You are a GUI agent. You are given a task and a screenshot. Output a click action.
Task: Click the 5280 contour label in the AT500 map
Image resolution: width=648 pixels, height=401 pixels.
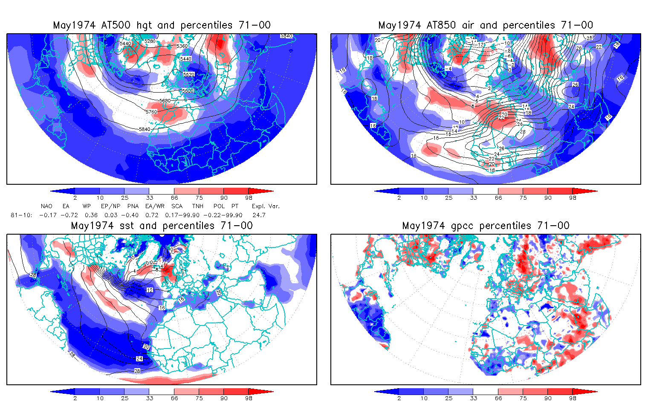tap(150, 41)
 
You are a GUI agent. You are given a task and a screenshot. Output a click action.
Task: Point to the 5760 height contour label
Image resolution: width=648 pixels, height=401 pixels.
tap(151, 112)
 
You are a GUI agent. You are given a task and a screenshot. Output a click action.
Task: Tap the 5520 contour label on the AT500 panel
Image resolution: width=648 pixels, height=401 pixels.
tap(188, 75)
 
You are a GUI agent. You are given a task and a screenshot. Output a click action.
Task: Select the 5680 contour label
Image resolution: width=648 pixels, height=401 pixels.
tap(165, 101)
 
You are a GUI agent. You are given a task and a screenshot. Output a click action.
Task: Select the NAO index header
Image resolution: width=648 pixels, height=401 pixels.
tap(46, 206)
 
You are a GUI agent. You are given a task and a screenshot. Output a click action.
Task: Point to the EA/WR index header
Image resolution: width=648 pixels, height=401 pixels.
tap(155, 206)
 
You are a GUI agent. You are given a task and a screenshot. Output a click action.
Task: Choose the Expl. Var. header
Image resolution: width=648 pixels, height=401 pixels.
tap(266, 206)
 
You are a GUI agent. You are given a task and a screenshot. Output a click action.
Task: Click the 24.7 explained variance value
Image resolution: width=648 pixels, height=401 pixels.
tap(259, 215)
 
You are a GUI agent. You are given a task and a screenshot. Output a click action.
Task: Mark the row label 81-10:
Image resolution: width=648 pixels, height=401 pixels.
tap(21, 215)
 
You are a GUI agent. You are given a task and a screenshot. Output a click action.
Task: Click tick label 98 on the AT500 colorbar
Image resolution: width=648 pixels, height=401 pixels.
tap(249, 198)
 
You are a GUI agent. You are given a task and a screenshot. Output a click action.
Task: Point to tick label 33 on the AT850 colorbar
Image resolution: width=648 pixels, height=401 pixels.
tap(473, 198)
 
